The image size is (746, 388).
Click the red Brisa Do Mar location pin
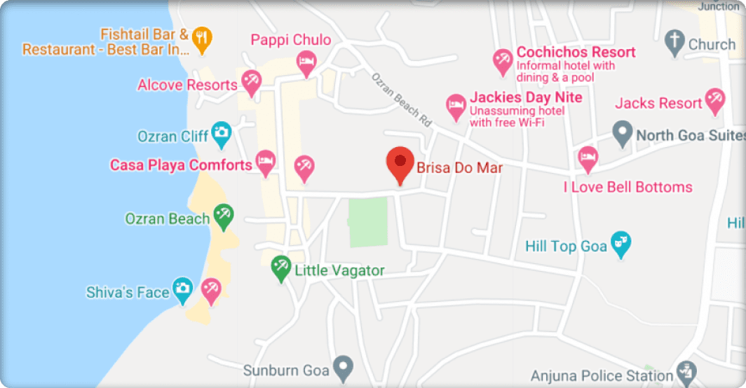point(400,162)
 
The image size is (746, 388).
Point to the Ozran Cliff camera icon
point(222,132)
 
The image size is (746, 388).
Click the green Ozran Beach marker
point(224,216)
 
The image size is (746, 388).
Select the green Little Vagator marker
point(281,267)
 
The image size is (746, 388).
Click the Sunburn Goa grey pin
point(342,366)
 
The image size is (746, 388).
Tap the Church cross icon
point(674,41)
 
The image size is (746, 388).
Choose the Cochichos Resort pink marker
point(502,61)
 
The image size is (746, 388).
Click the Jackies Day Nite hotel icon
point(456,106)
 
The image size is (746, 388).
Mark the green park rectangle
point(368,221)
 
